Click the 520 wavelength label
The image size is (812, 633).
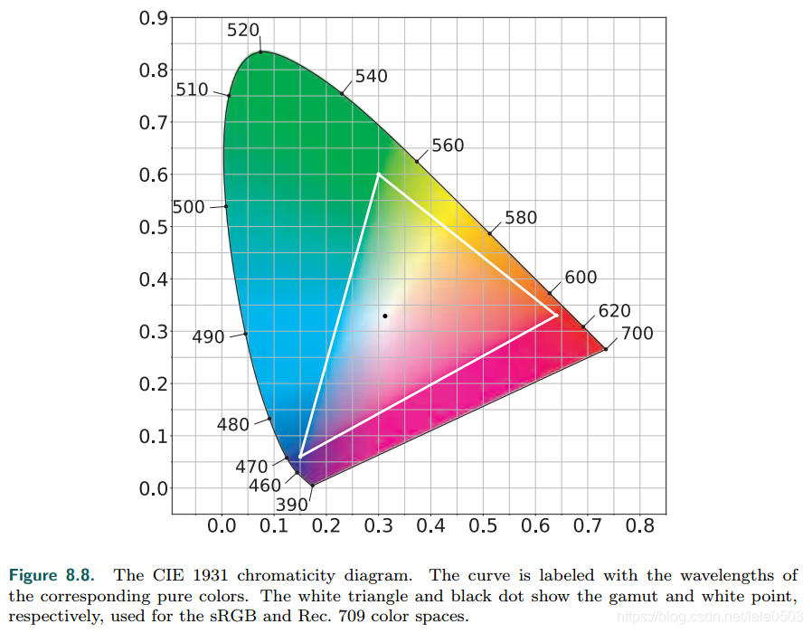(x=243, y=30)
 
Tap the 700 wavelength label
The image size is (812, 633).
(x=637, y=333)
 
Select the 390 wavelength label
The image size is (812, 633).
(x=291, y=504)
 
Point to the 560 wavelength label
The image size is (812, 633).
(x=448, y=146)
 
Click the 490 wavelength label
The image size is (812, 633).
(x=208, y=337)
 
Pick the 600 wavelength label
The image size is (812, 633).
(x=581, y=277)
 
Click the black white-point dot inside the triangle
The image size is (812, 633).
(x=385, y=316)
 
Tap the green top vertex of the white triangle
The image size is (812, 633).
(x=379, y=174)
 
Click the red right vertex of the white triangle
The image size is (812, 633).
(x=557, y=315)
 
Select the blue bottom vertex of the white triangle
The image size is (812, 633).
(x=300, y=457)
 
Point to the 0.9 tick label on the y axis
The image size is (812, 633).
(x=154, y=18)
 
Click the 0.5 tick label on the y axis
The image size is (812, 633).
(x=154, y=227)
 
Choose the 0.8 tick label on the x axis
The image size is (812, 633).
(x=640, y=525)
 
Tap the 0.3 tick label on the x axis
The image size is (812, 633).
(x=379, y=525)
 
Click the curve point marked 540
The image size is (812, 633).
(x=342, y=94)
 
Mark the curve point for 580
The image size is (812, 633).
(x=490, y=233)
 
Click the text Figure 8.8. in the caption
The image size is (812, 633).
(x=52, y=576)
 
